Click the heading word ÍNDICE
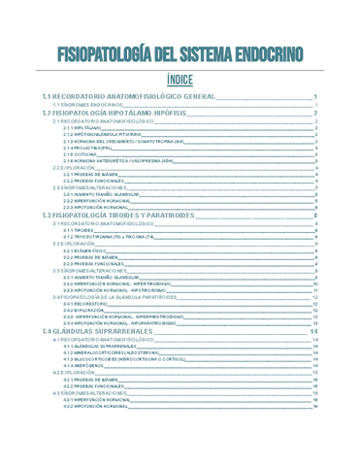coord(180,81)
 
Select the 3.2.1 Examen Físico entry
coord(86,250)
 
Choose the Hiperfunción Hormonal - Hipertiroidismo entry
coord(122,283)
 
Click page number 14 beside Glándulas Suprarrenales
coord(313,331)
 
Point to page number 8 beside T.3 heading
coord(316,214)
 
